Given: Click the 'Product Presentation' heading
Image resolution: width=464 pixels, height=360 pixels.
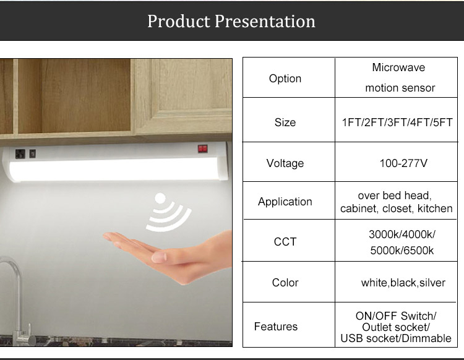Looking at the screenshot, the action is [x=231, y=21].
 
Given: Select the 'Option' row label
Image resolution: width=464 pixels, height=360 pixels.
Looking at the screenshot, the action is [x=285, y=79].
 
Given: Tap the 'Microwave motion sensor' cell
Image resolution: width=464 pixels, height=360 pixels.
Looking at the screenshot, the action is [x=400, y=77].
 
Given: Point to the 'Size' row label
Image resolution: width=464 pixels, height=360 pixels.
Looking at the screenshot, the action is [x=285, y=122].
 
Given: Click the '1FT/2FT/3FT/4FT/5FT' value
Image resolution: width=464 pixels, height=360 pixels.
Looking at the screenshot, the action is [x=397, y=122].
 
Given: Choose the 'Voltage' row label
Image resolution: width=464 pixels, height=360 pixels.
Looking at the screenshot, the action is [x=285, y=163].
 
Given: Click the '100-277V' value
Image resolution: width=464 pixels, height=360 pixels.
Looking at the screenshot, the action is [x=403, y=163].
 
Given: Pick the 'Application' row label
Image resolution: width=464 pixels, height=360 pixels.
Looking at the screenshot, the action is [x=285, y=202].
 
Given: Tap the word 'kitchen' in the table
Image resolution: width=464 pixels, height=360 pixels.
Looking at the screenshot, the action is [x=435, y=208].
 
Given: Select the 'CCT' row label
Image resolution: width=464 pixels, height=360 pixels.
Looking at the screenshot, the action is [x=285, y=242].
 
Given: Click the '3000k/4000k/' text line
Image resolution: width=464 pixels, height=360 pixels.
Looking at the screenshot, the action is [x=402, y=234].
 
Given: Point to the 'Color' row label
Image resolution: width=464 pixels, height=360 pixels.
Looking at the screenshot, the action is [x=285, y=283].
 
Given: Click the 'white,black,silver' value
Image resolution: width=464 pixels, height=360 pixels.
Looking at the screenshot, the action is [x=403, y=283].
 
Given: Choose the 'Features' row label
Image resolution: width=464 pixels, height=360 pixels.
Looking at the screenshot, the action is [x=276, y=327].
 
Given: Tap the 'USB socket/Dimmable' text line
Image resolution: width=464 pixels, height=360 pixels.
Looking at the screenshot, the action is [x=396, y=338].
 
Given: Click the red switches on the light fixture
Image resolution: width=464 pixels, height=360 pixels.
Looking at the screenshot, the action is [x=203, y=148].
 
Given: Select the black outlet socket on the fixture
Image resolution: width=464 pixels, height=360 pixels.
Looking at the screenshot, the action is [x=20, y=153].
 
